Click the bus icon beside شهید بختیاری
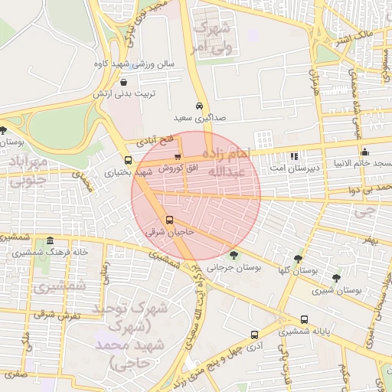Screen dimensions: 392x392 (127, 162)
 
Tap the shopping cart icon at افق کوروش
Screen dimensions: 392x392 (178, 157)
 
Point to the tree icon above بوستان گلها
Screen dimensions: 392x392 (298, 258)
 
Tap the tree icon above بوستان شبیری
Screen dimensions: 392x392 (336, 278)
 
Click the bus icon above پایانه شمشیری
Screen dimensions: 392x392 (304, 319)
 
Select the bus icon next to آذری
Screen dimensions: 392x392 (254, 335)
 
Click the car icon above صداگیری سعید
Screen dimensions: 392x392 (199, 106)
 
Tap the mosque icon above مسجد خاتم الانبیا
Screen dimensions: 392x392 (364, 152)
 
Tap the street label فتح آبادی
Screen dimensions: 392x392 (156, 141)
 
